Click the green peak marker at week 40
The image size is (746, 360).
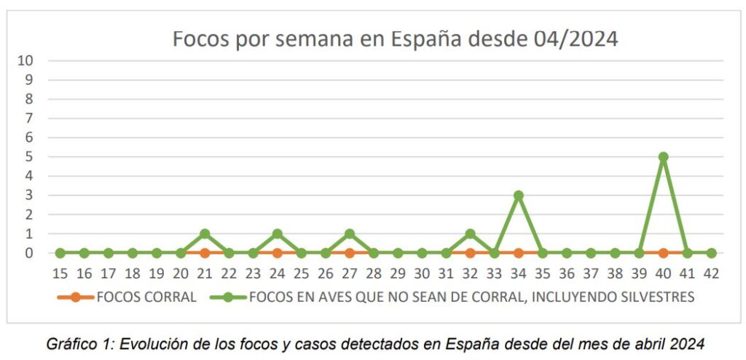tap(663, 157)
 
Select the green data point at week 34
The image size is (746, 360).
tap(519, 195)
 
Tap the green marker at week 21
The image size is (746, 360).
tap(205, 234)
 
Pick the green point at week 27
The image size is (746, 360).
tap(350, 234)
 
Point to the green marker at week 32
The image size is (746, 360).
tap(470, 234)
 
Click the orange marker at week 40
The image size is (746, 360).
tap(663, 253)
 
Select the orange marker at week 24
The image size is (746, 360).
tap(277, 253)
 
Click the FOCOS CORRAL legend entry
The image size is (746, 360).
tap(127, 297)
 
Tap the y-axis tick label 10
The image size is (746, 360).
tap(25, 60)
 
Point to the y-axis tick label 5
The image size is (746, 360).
tap(30, 157)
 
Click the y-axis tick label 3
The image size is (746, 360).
tap(30, 195)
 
